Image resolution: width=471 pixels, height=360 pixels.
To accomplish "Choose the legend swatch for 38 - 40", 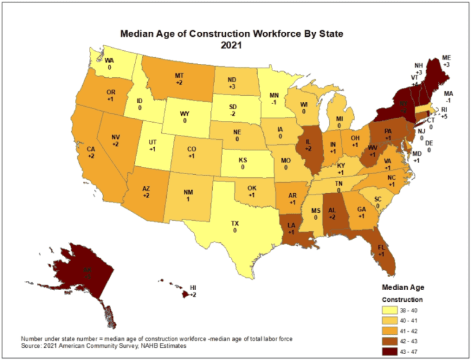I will (391, 311).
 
